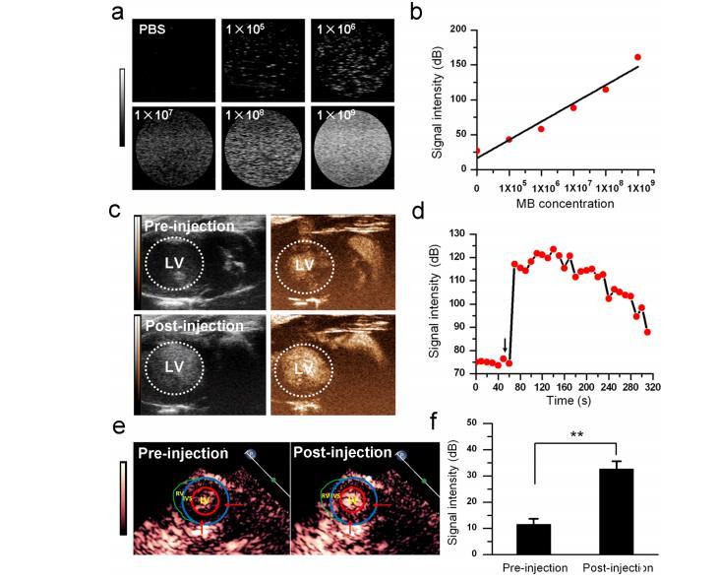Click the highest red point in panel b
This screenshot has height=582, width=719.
[x=637, y=57]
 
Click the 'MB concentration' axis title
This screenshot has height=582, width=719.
[x=559, y=204]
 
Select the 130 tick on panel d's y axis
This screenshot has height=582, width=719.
[x=459, y=232]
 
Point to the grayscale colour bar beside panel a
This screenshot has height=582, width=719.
[x=122, y=107]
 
